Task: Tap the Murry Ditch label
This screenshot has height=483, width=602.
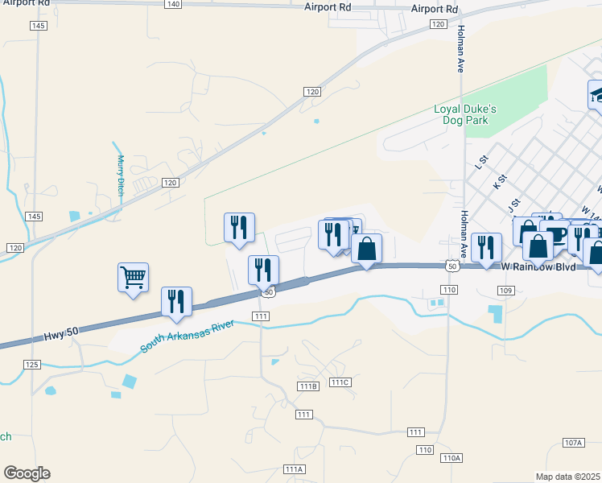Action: tap(121, 175)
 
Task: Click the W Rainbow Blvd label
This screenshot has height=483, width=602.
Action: tap(539, 266)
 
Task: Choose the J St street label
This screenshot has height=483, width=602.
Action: tap(515, 205)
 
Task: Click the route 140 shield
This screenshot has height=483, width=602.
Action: tap(172, 5)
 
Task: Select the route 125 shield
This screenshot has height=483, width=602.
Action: tap(31, 365)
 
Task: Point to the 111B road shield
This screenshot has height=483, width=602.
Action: tap(308, 386)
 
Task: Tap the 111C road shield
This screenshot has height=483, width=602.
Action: tap(340, 382)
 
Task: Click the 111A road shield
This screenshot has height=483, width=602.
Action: tap(294, 469)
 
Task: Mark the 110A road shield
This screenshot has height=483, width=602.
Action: tap(451, 457)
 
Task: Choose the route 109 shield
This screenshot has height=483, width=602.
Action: tap(505, 290)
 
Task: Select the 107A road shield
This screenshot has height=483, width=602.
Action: tap(573, 443)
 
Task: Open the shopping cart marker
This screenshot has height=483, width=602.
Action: tap(133, 278)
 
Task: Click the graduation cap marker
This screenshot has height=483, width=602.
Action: tap(596, 94)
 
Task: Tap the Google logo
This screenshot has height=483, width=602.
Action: tap(27, 473)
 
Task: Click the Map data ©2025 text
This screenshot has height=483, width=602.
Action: tap(568, 477)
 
